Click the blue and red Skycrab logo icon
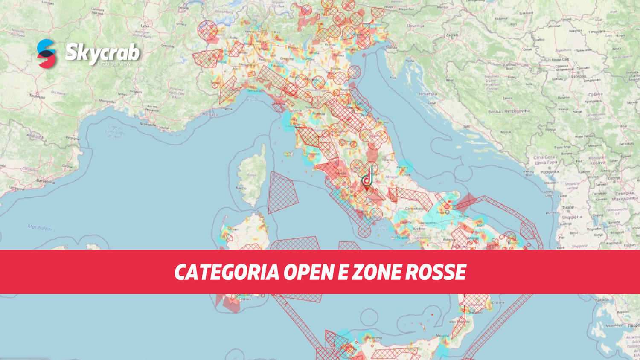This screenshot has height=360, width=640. [46, 54]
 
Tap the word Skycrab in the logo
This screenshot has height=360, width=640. [102, 52]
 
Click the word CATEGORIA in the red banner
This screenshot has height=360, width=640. [227, 273]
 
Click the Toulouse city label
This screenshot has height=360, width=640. [37, 97]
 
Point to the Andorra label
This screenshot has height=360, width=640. [35, 136]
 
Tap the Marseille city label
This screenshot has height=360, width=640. [148, 124]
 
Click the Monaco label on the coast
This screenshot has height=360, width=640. [209, 114]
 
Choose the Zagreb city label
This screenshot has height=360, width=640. [452, 35]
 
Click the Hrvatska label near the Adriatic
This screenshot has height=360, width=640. [428, 94]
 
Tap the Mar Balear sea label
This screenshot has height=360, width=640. [40, 228]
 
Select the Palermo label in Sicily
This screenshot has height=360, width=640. [374, 338]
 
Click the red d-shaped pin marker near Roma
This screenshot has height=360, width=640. [367, 178]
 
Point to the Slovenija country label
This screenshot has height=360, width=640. [415, 26]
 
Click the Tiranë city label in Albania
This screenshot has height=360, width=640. [568, 207]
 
